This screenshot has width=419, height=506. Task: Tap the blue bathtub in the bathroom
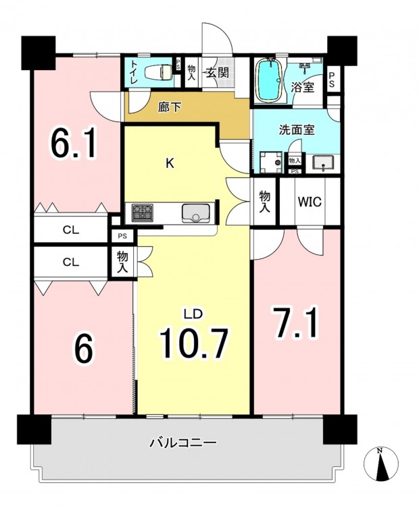coord(270,80)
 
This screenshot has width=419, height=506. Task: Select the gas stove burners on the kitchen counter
coord(142,213)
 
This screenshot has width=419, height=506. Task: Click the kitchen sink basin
coord(195,213)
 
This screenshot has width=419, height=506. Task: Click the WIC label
coord(310,202)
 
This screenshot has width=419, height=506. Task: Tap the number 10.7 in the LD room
coord(194,343)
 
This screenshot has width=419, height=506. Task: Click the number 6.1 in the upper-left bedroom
coord(73,142)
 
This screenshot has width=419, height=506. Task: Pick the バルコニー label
coord(182,442)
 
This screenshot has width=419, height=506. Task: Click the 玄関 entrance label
coord(218,74)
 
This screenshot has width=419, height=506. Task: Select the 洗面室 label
coord(297,130)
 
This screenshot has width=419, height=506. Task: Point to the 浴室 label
coord(303,87)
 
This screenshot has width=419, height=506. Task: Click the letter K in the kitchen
coord(170,164)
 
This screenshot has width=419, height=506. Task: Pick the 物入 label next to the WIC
coord(265,202)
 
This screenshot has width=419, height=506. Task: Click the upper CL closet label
coord(71,230)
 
